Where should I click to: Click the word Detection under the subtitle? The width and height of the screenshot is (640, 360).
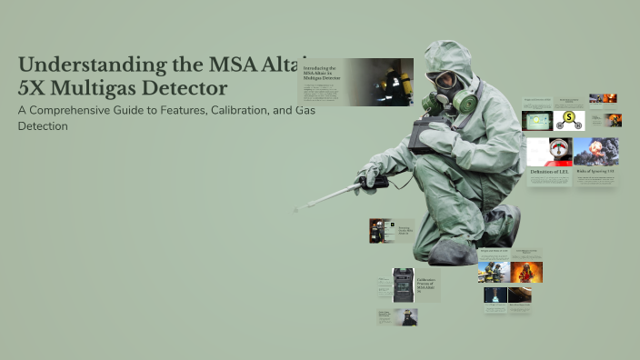[x=43, y=125]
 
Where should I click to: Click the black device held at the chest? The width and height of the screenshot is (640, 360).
[x=425, y=135]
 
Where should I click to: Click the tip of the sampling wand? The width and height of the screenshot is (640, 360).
[x=296, y=210]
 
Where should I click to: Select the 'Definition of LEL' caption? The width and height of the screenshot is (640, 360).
[x=548, y=171]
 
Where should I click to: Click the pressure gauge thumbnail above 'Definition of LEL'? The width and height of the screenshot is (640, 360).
[x=548, y=151]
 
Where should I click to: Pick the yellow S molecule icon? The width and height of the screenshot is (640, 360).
[x=569, y=120]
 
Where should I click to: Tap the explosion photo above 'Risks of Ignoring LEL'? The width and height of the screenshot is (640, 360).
[x=595, y=151]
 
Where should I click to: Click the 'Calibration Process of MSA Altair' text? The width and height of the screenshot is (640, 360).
[x=427, y=285]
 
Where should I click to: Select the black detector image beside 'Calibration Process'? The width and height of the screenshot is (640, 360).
[x=404, y=285]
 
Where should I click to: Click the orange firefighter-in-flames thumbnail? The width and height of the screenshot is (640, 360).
[x=526, y=272]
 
